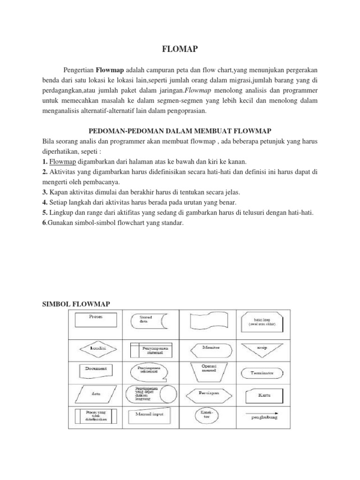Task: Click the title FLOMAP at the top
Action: pyautogui.click(x=180, y=48)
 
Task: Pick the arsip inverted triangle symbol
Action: pyautogui.click(x=261, y=349)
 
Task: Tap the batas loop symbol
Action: pyautogui.click(x=261, y=321)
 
